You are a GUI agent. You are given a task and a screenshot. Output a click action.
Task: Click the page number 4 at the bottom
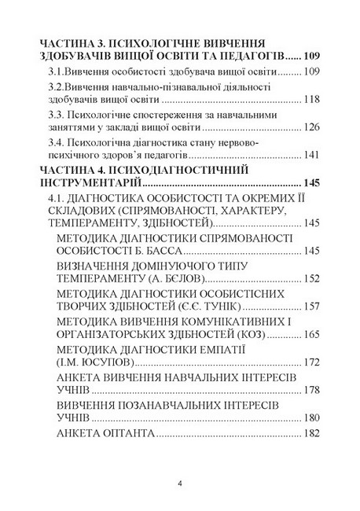(180, 483)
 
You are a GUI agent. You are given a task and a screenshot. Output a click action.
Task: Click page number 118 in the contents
(312, 99)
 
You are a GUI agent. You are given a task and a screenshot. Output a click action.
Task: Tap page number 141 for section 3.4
(312, 154)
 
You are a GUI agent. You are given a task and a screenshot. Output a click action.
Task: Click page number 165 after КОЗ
(312, 334)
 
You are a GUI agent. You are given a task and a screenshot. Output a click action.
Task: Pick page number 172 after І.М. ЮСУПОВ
(312, 362)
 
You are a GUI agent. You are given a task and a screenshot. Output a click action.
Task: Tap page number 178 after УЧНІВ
(312, 390)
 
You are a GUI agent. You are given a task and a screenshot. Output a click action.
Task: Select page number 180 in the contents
(312, 418)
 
